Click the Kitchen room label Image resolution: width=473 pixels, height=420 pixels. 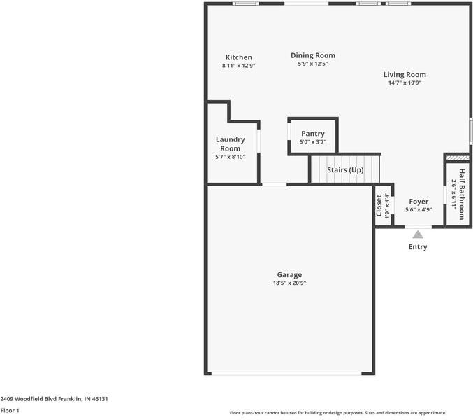coord(238,57)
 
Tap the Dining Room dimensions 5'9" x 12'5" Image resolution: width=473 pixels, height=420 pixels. coord(312,64)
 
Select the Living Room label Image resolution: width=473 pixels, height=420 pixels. coord(405,74)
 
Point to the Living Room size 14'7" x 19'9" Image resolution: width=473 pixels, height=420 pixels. coord(405,83)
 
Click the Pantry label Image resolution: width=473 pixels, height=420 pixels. coord(312,134)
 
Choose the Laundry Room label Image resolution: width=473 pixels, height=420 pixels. coord(230,143)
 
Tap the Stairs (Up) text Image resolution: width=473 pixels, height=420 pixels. coord(345,170)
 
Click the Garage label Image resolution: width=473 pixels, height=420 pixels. coord(289,275)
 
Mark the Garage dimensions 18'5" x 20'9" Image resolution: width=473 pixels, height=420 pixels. coord(289,283)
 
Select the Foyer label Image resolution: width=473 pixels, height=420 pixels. coord(419,202)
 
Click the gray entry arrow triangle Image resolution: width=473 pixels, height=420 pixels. coord(417,234)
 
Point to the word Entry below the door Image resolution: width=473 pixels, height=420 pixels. coord(418,247)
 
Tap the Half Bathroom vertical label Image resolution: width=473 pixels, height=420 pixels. coord(461,194)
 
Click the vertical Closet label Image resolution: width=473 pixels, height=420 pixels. coord(379,205)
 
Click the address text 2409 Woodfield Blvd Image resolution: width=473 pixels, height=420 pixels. coord(54,398)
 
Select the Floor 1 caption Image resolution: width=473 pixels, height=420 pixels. coord(10,411)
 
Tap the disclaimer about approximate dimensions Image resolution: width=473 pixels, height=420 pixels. coord(338,413)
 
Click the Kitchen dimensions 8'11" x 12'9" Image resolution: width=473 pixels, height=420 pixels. coord(238,66)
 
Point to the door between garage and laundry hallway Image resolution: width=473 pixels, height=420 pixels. coord(274,184)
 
